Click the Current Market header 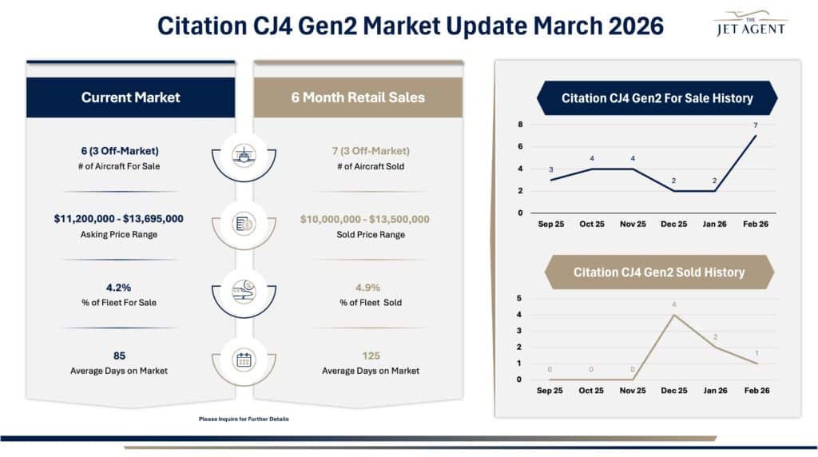(x=130, y=97)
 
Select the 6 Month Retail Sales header (x=358, y=97)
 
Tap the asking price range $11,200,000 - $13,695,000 (x=119, y=219)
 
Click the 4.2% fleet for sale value (x=119, y=287)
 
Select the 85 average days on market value (x=119, y=356)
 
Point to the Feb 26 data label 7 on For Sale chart (x=755, y=125)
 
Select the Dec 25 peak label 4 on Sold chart (x=674, y=304)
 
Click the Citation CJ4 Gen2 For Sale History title (x=657, y=98)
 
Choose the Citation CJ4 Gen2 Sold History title (x=658, y=272)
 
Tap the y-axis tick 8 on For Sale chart (x=520, y=125)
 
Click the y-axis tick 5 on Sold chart (x=520, y=298)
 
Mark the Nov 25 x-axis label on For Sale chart (x=633, y=225)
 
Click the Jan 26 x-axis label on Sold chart (x=715, y=391)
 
